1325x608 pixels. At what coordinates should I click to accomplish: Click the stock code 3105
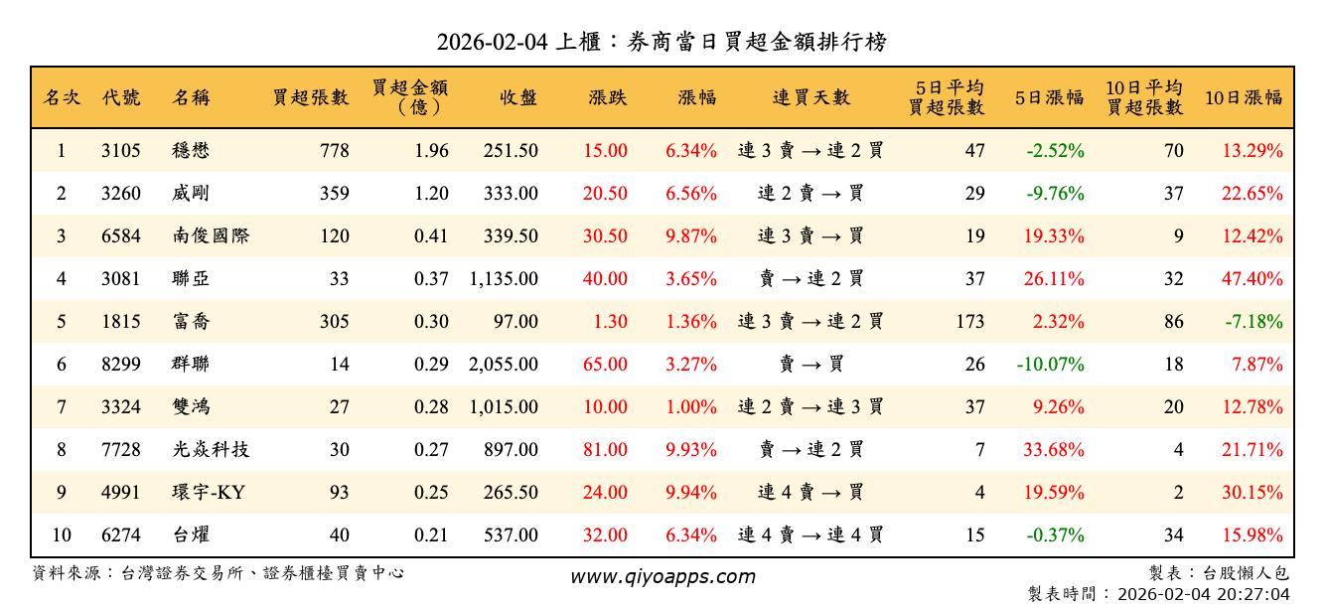tap(121, 151)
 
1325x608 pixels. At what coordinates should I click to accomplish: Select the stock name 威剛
tap(191, 194)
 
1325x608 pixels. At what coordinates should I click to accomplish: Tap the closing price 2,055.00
tap(504, 365)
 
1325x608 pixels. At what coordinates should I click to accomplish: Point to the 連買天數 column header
tap(811, 97)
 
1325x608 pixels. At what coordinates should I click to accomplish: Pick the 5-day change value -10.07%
tap(1050, 365)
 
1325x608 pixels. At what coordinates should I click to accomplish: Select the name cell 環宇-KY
tap(210, 493)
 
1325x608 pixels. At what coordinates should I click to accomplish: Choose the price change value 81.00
tap(605, 450)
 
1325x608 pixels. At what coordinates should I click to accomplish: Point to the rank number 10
tap(62, 535)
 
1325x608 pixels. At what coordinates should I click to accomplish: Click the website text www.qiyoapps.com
tap(662, 576)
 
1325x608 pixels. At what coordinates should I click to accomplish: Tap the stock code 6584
tap(121, 236)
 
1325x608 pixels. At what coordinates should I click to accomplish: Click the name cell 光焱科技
tap(211, 450)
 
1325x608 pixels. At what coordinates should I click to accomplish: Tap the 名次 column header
tap(62, 97)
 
